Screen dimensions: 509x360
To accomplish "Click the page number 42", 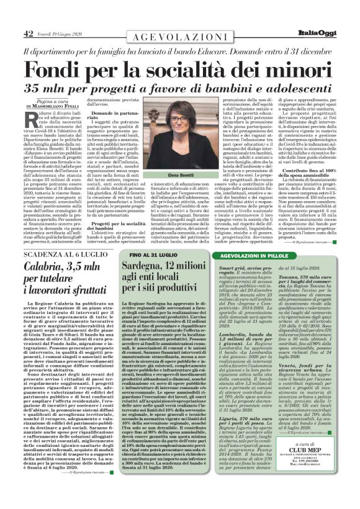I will point(29,33).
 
